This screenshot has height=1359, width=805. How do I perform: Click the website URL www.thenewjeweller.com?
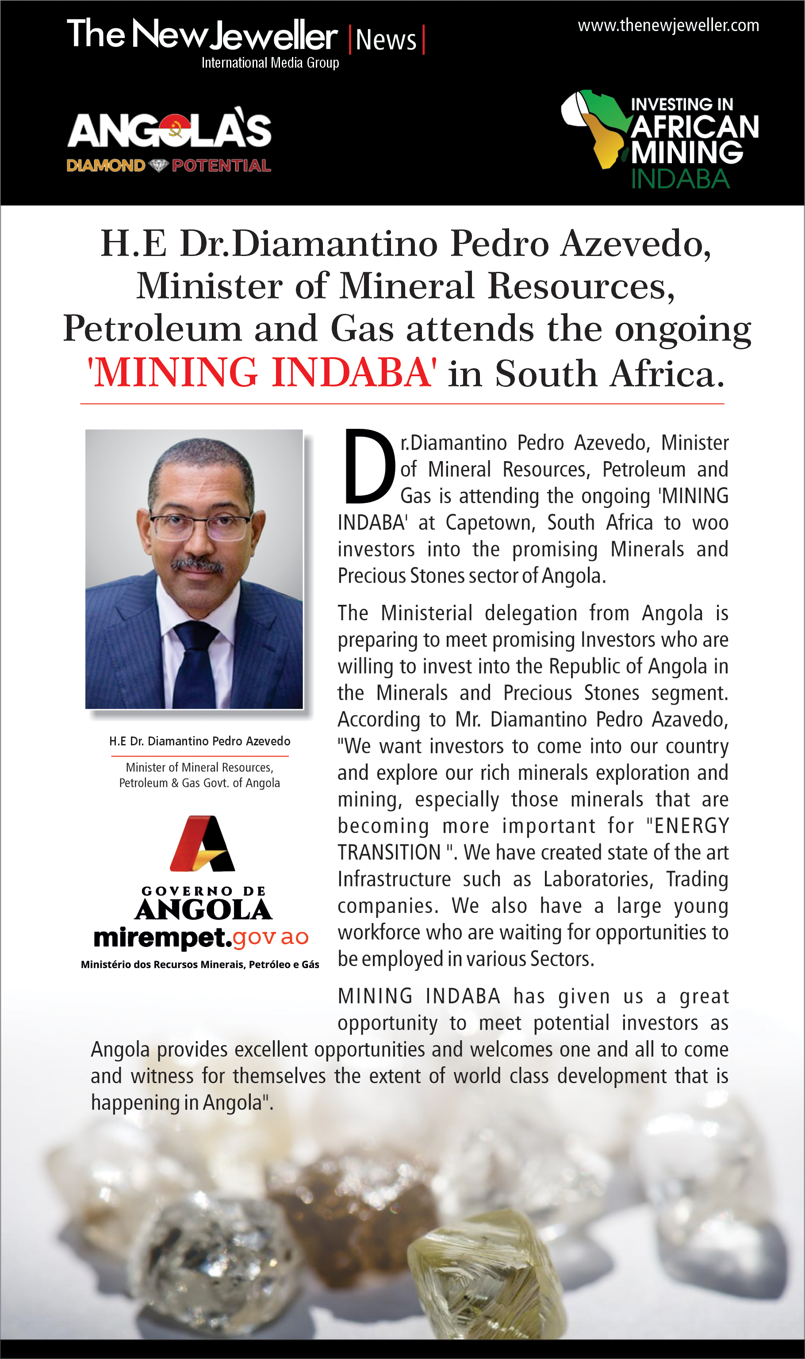(668, 26)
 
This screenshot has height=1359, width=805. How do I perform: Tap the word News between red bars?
(386, 41)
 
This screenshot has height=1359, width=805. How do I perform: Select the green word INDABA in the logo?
(680, 179)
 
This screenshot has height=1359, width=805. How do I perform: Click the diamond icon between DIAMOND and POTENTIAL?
(158, 165)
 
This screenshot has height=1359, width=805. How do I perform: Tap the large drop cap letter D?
(369, 466)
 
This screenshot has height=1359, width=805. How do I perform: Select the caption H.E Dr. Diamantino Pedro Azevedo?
(199, 741)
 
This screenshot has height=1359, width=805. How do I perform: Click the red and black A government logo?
(202, 844)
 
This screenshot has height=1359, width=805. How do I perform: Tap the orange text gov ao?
(271, 937)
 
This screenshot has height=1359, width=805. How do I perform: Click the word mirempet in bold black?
(162, 937)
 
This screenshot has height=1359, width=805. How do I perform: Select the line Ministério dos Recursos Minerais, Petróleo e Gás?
(199, 964)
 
